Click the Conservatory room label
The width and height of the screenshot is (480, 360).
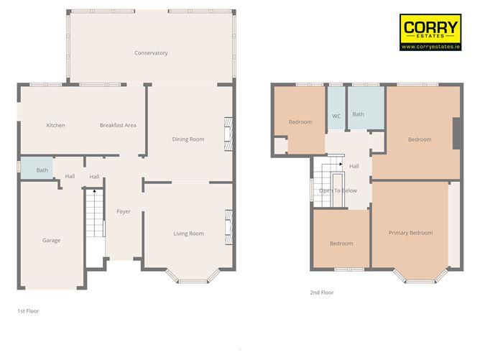click(151, 53)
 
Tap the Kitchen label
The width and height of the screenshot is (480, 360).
click(55, 125)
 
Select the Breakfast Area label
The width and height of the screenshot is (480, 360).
click(118, 125)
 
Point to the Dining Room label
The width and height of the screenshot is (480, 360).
click(188, 139)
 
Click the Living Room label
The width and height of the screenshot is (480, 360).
click(188, 234)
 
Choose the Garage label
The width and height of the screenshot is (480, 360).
click(51, 241)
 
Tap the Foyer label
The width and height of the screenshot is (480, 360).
click(124, 211)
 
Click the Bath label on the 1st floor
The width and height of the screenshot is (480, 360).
click(42, 170)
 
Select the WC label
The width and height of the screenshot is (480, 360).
click(336, 116)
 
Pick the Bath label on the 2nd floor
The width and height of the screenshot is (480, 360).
click(358, 114)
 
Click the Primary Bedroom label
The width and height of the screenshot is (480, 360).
click(410, 233)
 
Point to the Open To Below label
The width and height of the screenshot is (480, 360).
click(338, 190)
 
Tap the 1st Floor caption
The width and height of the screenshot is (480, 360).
click(29, 311)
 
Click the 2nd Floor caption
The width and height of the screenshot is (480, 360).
click(323, 292)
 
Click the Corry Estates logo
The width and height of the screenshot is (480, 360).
click(430, 29)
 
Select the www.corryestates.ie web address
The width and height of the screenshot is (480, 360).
click(430, 47)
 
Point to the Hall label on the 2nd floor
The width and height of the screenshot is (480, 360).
click(354, 166)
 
